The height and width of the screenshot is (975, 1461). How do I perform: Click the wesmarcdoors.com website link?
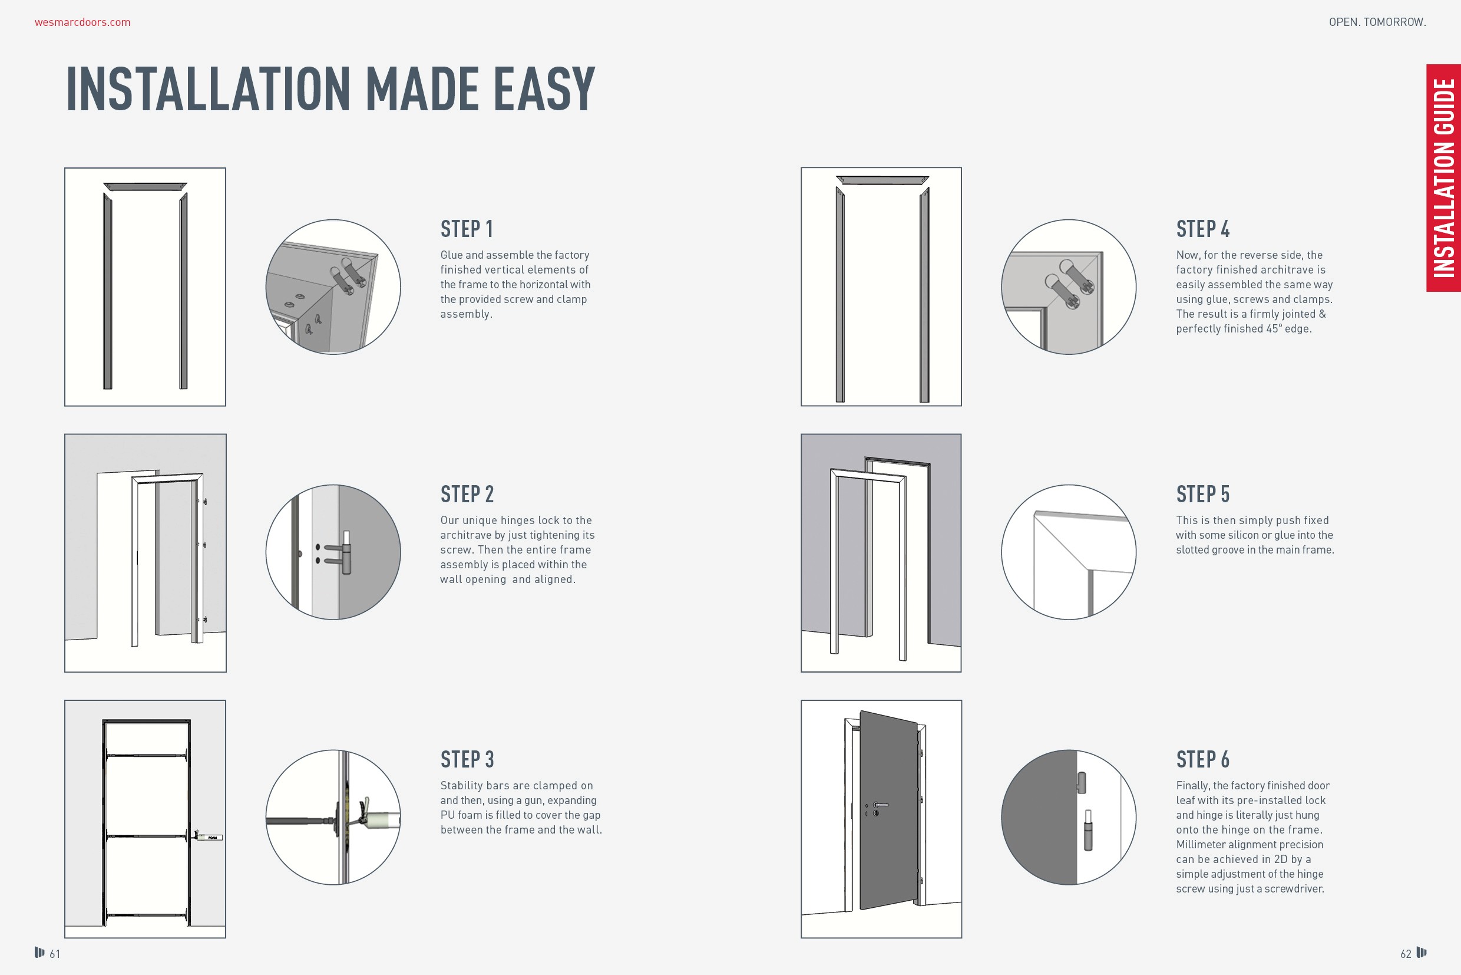[82, 22]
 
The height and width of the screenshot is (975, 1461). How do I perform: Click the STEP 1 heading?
[467, 229]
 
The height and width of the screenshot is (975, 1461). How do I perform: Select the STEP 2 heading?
[467, 495]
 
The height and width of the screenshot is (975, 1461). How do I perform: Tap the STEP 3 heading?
[467, 759]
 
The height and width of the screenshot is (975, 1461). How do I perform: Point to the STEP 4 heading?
[1203, 229]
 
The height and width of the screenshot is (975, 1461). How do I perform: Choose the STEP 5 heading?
[1203, 495]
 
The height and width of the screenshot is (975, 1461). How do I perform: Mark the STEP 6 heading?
[1203, 759]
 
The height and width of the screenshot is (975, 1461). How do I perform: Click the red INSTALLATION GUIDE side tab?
[1443, 178]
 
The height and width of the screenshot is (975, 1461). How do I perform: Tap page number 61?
[55, 954]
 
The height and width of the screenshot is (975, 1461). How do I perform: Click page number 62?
[1406, 954]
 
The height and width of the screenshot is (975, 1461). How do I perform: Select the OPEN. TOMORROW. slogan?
[1377, 22]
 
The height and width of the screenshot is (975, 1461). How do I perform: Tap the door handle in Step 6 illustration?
[880, 806]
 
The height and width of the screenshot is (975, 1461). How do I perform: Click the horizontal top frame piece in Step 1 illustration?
[146, 186]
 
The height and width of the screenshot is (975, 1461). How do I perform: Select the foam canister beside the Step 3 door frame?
[209, 837]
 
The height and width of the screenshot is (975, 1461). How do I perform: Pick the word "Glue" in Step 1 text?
[451, 255]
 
